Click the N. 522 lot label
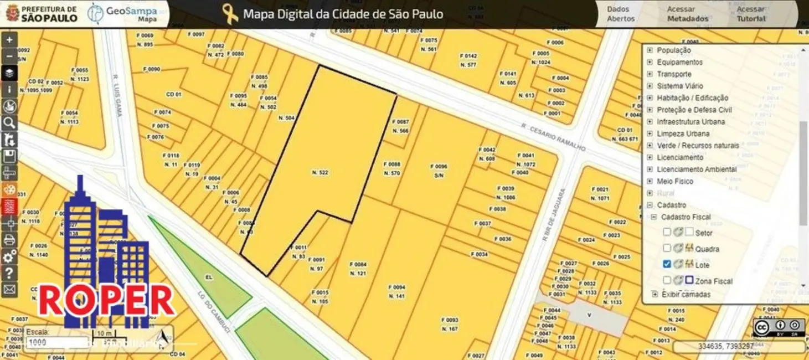[x=320, y=173]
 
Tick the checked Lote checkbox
[x=667, y=264]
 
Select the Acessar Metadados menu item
[x=687, y=14]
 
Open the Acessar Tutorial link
[x=751, y=14]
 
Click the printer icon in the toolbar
[x=9, y=240]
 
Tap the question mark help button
[x=9, y=272]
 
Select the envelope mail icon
[x=9, y=289]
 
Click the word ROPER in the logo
[x=106, y=301]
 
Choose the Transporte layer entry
[x=674, y=74]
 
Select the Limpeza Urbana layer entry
[x=683, y=133]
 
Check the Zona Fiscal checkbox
[x=667, y=280]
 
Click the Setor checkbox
[x=667, y=232]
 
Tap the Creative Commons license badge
[x=779, y=327]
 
